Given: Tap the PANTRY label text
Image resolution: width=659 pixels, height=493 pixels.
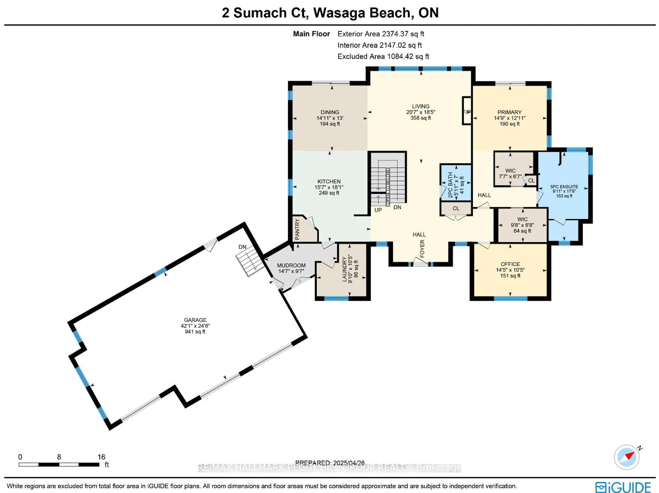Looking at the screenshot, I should click(x=297, y=229).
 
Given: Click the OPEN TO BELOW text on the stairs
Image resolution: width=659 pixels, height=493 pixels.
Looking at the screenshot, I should click(x=388, y=187).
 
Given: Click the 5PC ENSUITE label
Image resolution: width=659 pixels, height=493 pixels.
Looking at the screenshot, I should click(x=564, y=187).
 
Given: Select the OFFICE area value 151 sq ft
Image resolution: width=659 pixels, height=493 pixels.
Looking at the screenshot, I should click(x=510, y=276).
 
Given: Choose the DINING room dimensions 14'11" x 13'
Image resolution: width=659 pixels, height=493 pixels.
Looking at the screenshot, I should click(x=330, y=118).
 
